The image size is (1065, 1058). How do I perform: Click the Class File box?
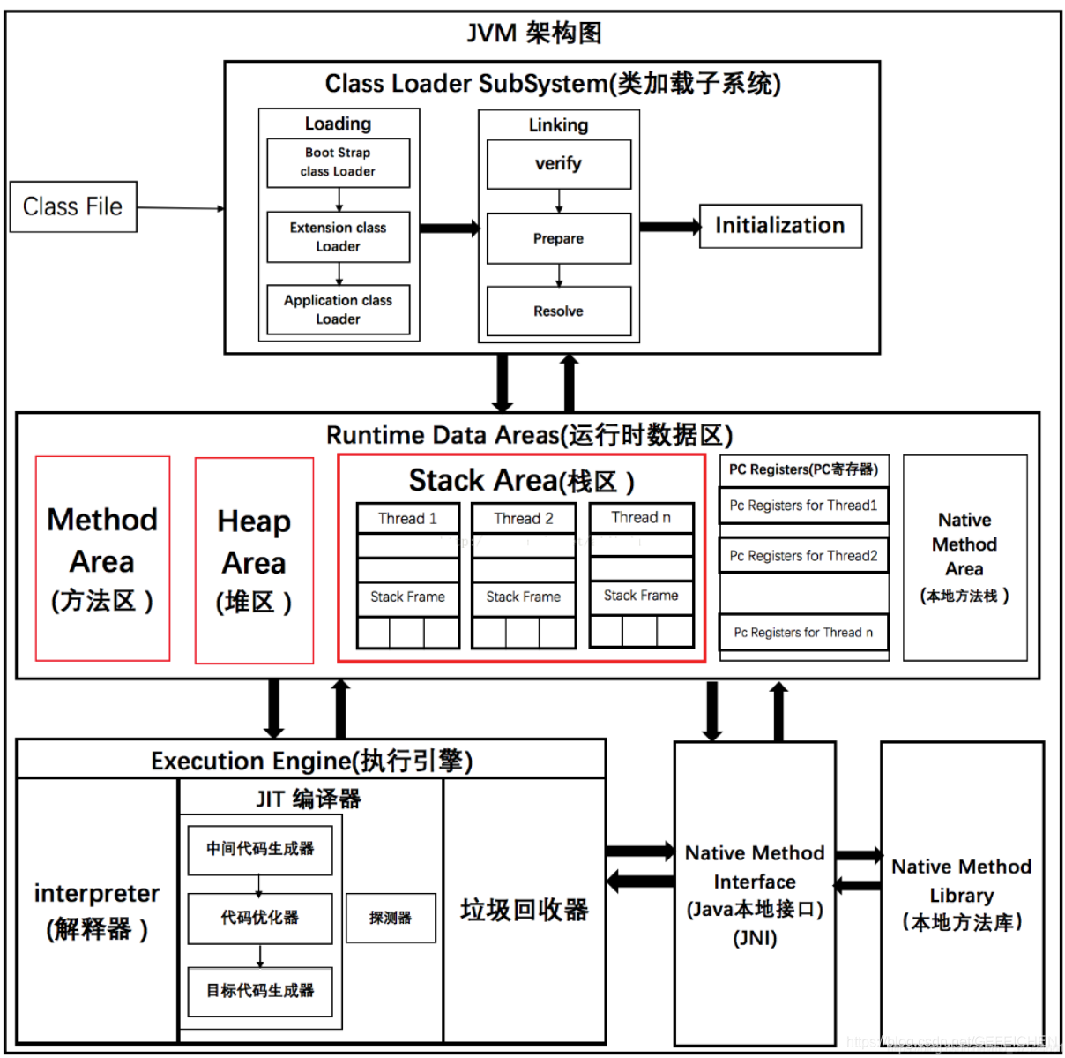(x=73, y=206)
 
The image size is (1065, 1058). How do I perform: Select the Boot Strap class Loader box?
(x=338, y=162)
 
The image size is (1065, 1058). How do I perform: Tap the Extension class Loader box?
(x=338, y=236)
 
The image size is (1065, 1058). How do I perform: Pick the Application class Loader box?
(x=338, y=310)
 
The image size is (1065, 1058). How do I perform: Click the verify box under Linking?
(x=558, y=164)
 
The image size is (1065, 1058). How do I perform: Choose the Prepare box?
(x=558, y=238)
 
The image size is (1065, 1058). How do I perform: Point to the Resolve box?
(x=558, y=311)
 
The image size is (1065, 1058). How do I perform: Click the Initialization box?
(x=780, y=226)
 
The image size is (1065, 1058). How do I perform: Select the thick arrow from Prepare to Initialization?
(x=668, y=227)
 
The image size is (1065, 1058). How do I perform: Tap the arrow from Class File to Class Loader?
(x=180, y=208)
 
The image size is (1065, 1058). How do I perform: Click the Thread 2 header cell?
(x=524, y=518)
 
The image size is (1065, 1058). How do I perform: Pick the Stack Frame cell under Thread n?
(x=641, y=596)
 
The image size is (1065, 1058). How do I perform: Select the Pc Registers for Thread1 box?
(x=803, y=506)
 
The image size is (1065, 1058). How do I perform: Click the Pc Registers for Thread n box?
(x=803, y=633)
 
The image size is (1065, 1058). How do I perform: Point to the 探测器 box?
(x=391, y=918)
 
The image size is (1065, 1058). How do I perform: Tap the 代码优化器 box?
(x=259, y=918)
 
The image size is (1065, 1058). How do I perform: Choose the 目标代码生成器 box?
(x=259, y=990)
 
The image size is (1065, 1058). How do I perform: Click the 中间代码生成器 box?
(x=259, y=849)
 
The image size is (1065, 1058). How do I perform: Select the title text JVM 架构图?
(x=533, y=34)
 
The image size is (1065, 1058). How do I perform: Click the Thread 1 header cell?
(x=407, y=518)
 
